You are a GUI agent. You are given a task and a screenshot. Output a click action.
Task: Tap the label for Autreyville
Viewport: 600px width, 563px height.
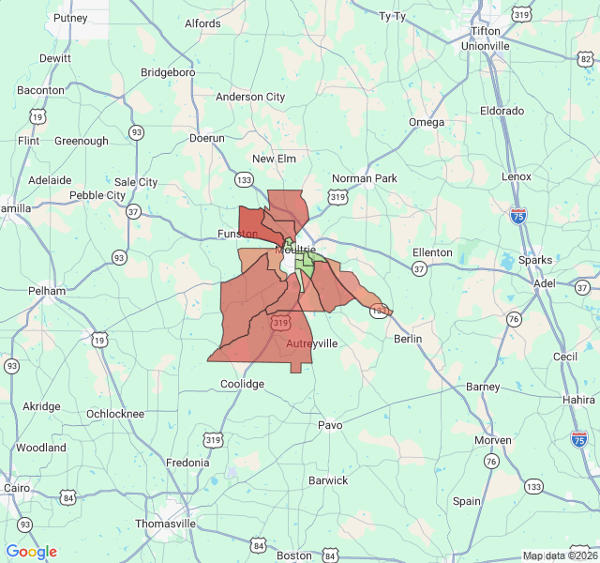click(311, 343)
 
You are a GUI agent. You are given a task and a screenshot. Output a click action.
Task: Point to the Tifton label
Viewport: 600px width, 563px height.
click(485, 31)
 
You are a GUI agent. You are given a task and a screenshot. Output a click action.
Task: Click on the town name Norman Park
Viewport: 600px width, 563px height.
click(365, 178)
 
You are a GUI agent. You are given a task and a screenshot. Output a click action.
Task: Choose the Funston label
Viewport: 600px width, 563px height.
click(237, 234)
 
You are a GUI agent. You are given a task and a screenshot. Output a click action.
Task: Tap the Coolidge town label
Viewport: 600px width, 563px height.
click(242, 384)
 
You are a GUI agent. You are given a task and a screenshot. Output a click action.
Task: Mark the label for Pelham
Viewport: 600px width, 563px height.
click(47, 291)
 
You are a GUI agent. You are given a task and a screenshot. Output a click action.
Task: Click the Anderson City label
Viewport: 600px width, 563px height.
click(250, 97)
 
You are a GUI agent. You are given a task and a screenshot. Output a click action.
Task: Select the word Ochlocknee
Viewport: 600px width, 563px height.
click(115, 414)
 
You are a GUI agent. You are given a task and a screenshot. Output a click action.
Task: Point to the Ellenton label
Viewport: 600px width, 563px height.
click(432, 252)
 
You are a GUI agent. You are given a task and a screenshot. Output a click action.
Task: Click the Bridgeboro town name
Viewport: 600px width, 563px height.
click(168, 71)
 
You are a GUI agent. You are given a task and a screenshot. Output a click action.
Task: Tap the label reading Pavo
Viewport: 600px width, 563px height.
click(330, 425)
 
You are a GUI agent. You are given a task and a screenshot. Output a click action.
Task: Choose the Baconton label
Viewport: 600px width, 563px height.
click(40, 90)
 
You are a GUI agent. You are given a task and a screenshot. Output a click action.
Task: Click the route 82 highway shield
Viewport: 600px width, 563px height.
click(585, 58)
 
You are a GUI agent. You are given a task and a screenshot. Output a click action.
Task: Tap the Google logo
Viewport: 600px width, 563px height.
click(31, 552)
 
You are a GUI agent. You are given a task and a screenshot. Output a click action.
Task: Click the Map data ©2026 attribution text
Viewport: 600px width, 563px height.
click(559, 555)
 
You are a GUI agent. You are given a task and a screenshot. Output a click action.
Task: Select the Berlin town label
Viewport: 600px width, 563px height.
click(408, 339)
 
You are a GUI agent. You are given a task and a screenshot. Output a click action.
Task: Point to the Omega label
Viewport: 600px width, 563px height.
click(427, 122)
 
